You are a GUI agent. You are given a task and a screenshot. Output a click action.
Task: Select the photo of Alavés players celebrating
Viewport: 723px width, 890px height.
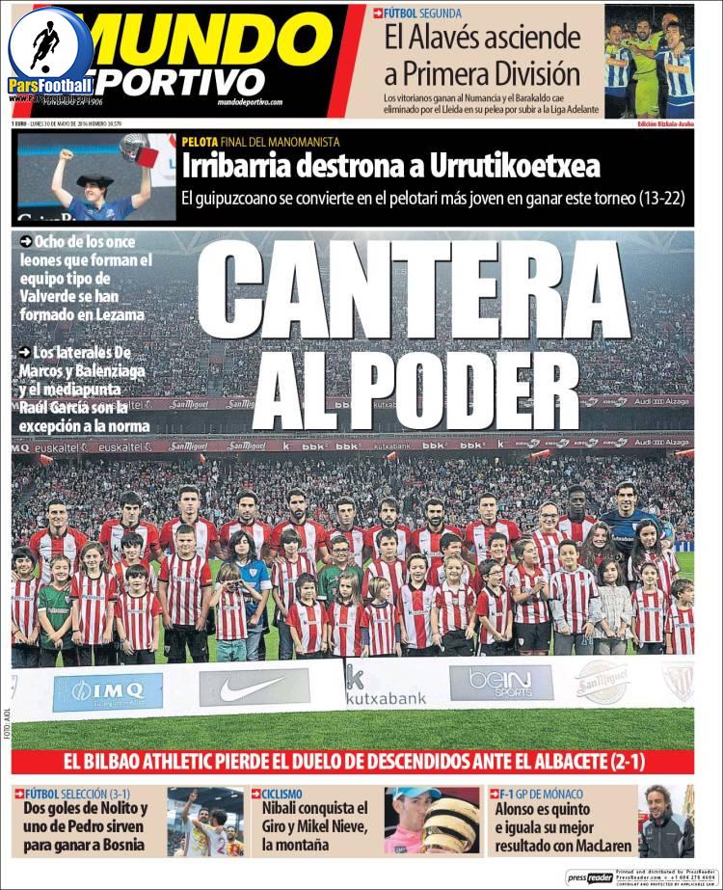[x=649, y=61]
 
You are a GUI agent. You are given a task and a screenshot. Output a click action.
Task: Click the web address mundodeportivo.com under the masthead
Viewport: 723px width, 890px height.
[x=250, y=101]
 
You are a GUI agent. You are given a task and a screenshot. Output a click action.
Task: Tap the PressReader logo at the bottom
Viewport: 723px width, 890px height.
[x=589, y=877]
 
